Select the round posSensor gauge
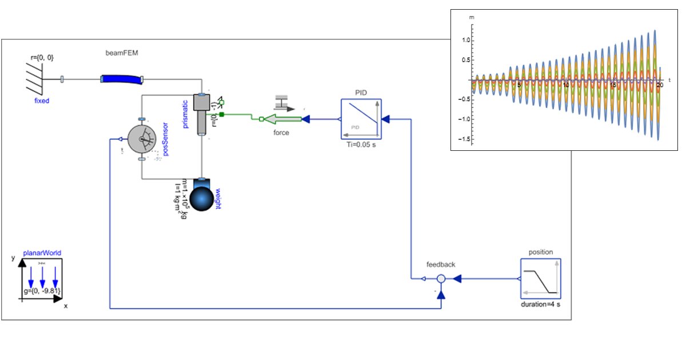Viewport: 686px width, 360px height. pyautogui.click(x=142, y=139)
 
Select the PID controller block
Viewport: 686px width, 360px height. pyautogui.click(x=361, y=119)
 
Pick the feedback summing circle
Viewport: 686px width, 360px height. pyautogui.click(x=441, y=279)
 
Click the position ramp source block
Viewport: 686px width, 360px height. pyautogui.click(x=540, y=279)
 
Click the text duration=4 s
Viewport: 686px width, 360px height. pyautogui.click(x=540, y=305)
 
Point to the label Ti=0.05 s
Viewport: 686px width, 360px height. pyautogui.click(x=361, y=145)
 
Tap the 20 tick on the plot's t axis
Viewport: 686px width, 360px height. pyautogui.click(x=660, y=85)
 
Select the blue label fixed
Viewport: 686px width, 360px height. pyautogui.click(x=42, y=101)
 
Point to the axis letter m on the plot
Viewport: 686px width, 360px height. pyautogui.click(x=472, y=18)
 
